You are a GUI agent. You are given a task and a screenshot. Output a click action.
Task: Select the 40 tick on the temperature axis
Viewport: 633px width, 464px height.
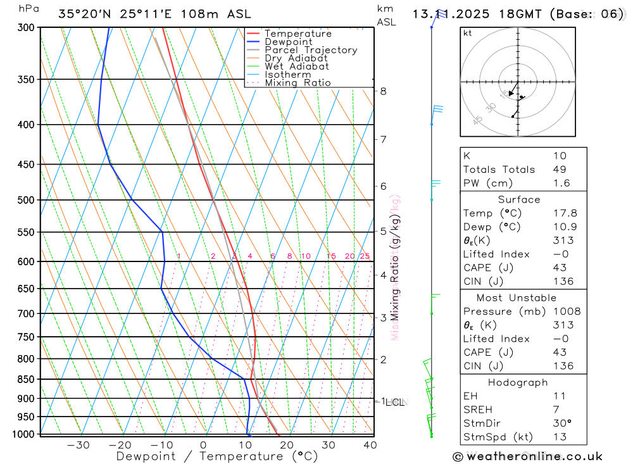click(x=370, y=445)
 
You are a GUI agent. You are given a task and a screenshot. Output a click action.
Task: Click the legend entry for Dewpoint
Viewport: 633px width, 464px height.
click(x=288, y=42)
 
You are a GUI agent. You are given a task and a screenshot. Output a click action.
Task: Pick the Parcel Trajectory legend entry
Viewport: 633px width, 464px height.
click(x=311, y=50)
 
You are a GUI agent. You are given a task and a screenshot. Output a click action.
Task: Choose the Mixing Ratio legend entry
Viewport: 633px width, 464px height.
click(x=298, y=83)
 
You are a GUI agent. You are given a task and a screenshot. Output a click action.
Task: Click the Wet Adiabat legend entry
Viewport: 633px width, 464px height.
click(x=296, y=66)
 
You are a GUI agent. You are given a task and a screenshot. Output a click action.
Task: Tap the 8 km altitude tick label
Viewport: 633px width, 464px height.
click(x=384, y=91)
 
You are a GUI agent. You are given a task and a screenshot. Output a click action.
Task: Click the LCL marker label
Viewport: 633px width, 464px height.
click(x=397, y=402)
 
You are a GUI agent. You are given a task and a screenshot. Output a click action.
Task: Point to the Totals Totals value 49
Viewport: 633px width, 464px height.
click(x=560, y=170)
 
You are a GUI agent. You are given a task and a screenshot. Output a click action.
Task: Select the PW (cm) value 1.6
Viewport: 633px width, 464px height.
click(x=561, y=184)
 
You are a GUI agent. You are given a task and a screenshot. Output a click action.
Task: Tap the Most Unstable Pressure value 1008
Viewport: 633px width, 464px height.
click(x=566, y=311)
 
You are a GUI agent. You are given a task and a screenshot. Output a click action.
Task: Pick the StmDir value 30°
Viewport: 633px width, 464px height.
click(x=561, y=423)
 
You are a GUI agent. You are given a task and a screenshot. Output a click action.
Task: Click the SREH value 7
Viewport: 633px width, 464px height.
click(x=556, y=410)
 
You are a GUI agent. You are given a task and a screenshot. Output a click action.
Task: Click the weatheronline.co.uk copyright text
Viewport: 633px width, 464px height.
click(x=527, y=456)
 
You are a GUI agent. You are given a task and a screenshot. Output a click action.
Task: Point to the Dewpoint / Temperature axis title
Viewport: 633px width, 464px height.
click(x=217, y=456)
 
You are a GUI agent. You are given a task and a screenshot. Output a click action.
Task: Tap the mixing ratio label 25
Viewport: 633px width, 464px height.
click(x=365, y=256)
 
